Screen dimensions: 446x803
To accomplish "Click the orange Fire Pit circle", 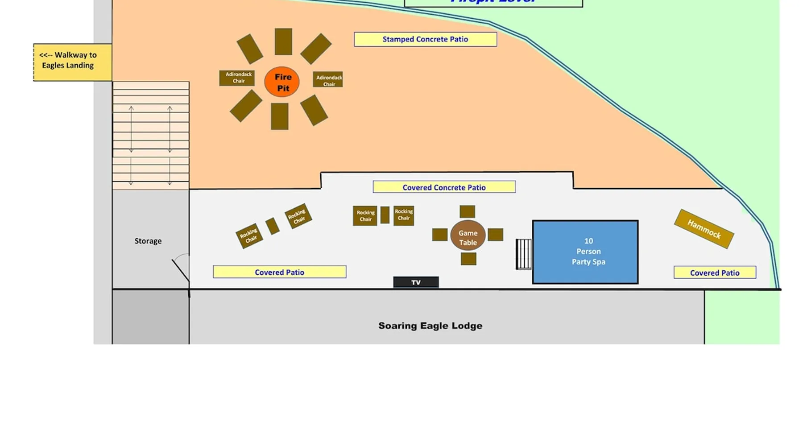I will pos(282,82).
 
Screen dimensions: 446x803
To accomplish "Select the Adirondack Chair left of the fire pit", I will pos(237,78).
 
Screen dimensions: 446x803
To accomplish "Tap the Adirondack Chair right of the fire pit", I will pos(328,80).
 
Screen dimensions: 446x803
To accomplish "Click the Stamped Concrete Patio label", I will pos(425,39).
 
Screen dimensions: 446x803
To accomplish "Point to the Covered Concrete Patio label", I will pos(444,187).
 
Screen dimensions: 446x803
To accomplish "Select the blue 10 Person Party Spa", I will pos(585,252).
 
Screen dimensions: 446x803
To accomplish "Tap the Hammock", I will pos(704,229).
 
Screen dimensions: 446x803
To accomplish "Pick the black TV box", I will pos(416,282).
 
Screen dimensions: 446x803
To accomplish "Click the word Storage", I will pos(148,241).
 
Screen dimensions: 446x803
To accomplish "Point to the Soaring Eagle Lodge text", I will pos(430,326).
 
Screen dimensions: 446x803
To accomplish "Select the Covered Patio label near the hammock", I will pos(715,273).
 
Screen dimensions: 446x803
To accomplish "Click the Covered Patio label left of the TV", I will pos(280,272).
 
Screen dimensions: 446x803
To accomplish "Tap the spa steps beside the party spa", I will pos(524,254).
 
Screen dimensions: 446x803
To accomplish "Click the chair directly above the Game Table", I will pos(468,211).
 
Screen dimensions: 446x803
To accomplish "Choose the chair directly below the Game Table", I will pos(468,259).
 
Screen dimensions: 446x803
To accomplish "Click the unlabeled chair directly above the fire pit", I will pos(283,41).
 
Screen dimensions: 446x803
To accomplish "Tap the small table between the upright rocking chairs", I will pos(385,215).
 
